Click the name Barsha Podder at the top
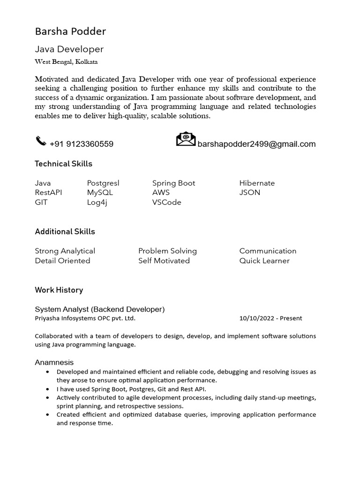tap(70, 31)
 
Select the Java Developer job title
tap(69, 49)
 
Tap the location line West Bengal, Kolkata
tap(66, 62)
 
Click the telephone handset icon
tap(41, 141)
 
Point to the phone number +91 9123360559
tap(81, 144)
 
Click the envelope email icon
tap(186, 139)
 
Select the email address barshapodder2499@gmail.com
tap(256, 144)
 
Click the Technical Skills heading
tap(63, 164)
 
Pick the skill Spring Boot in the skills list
tap(173, 183)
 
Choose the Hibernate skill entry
tap(257, 183)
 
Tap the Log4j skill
tap(97, 202)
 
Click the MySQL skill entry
tap(100, 192)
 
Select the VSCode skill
tap(166, 202)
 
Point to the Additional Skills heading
tap(65, 232)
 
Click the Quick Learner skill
tap(264, 261)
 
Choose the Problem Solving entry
tap(167, 251)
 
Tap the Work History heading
tap(59, 290)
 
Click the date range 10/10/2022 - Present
tap(270, 318)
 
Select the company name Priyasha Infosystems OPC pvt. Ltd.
tap(85, 318)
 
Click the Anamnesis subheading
tap(54, 362)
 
